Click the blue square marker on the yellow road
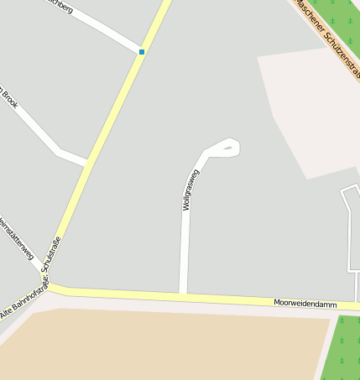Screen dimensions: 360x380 point(142,52)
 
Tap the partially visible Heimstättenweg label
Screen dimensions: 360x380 point(16,238)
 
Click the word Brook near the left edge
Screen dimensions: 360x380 point(9,102)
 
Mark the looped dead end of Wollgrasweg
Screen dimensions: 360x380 point(229,148)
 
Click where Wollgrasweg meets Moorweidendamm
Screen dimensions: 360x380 point(182,294)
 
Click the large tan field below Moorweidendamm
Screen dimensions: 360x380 point(159,344)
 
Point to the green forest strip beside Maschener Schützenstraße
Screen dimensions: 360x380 point(343,21)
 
